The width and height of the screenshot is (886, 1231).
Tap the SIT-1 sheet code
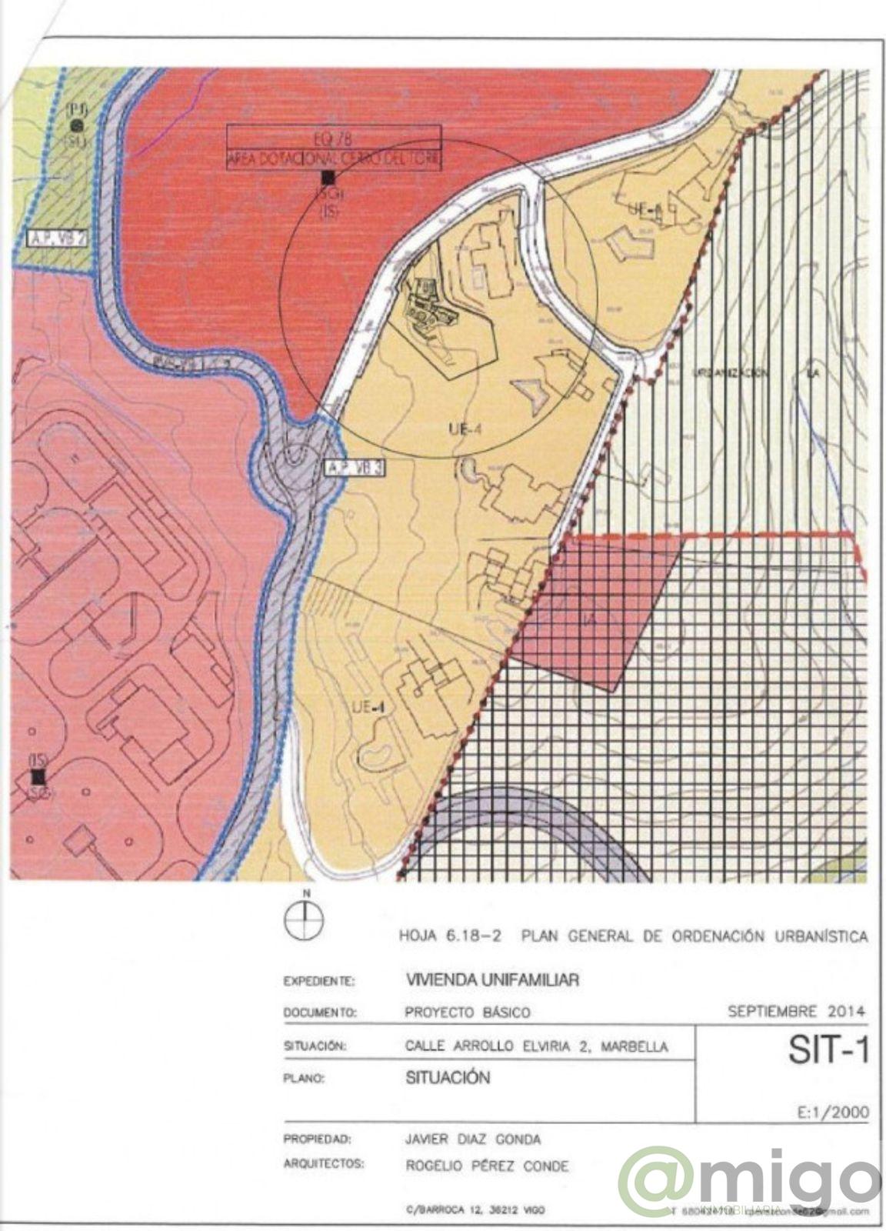coord(828,1051)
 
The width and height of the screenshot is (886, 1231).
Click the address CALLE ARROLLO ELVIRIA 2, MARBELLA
coord(536,1046)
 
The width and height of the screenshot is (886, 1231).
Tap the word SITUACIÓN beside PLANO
coord(447,1077)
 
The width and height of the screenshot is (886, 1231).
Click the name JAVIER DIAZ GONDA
coord(472,1139)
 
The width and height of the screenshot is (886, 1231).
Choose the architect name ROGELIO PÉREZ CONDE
coord(487,1166)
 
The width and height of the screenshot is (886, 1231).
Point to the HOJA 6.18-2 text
coord(450,936)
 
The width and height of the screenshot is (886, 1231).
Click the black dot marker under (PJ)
coord(76,125)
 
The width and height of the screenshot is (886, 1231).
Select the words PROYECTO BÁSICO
coord(467,1012)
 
